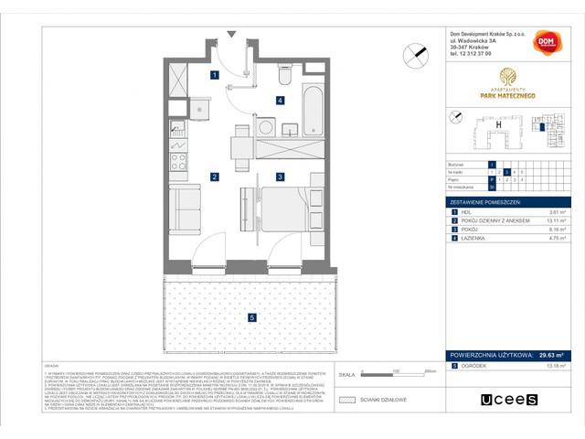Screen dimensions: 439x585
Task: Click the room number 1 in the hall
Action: pyautogui.click(x=214, y=75)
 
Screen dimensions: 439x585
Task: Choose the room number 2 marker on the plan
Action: pyautogui.click(x=214, y=176)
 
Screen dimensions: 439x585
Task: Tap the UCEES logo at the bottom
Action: pyautogui.click(x=509, y=398)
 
